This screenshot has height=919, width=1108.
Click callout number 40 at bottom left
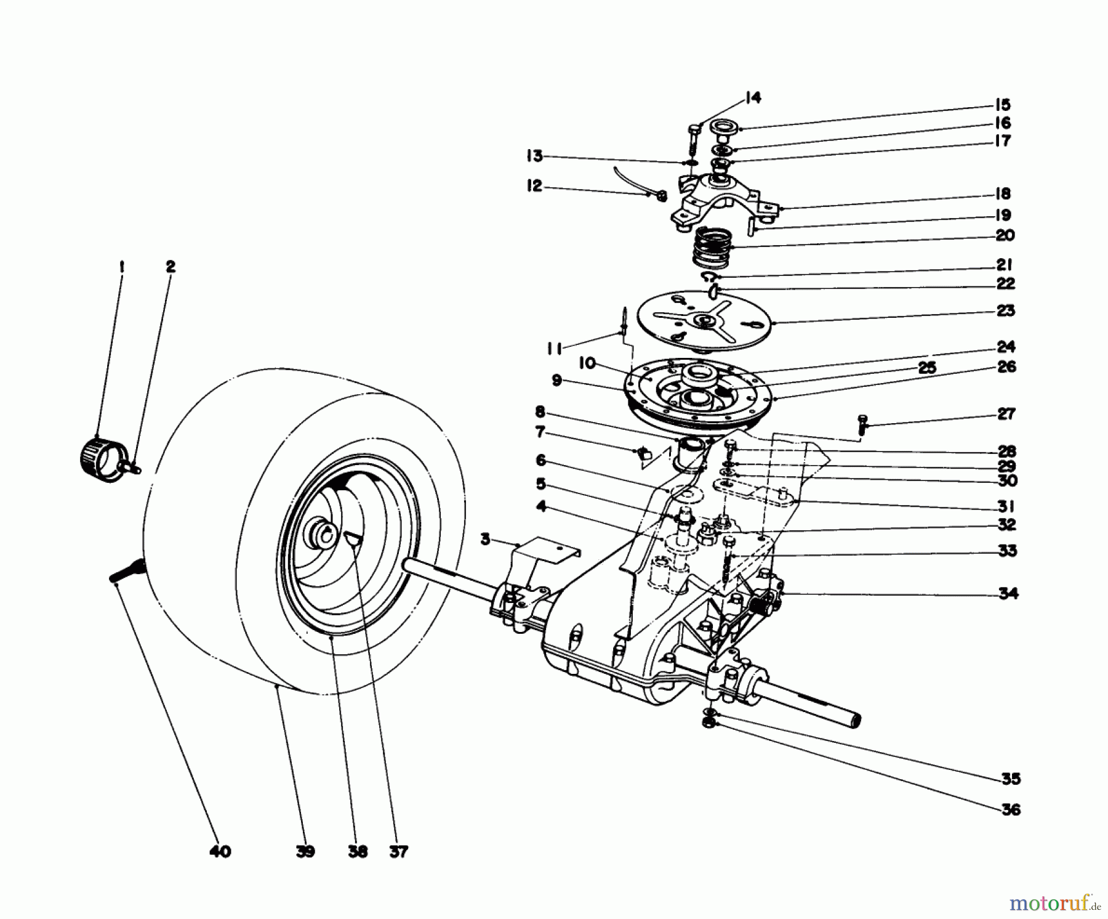pyautogui.click(x=220, y=852)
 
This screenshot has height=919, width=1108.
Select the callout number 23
pyautogui.click(x=1005, y=310)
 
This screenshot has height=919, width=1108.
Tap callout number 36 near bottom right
pyautogui.click(x=1011, y=809)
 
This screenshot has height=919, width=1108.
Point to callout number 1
pyautogui.click(x=121, y=267)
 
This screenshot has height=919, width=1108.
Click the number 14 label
pyautogui.click(x=752, y=97)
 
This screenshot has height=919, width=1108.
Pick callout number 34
pyautogui.click(x=1008, y=593)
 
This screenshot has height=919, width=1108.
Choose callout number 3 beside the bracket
pyautogui.click(x=486, y=540)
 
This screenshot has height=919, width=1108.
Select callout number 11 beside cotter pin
pyautogui.click(x=554, y=349)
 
